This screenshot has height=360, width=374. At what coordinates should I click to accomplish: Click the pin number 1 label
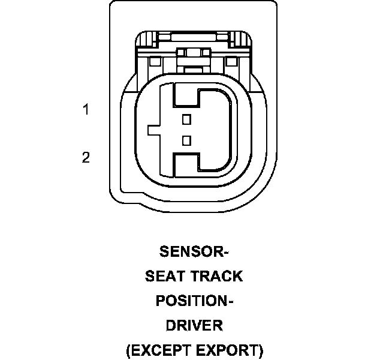click(86, 110)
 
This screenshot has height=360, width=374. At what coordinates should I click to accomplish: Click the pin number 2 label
click(86, 158)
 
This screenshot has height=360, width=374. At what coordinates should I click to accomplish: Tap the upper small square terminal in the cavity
click(186, 118)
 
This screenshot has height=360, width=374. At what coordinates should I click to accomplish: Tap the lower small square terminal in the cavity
click(186, 140)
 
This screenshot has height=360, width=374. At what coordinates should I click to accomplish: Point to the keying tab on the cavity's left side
click(153, 129)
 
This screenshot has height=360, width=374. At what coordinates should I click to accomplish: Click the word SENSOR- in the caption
click(194, 251)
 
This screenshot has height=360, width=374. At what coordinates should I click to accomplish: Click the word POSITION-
click(194, 301)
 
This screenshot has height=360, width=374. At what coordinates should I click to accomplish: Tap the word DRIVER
click(194, 325)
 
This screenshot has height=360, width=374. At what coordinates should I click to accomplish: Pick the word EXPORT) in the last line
click(231, 350)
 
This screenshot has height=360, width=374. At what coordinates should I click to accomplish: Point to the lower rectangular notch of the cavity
click(185, 163)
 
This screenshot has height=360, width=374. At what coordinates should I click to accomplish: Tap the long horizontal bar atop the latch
click(193, 36)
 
